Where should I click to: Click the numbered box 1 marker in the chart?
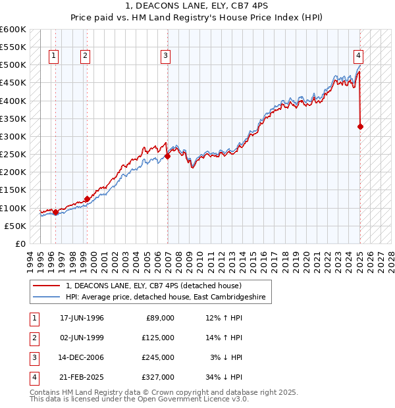[x=53, y=56]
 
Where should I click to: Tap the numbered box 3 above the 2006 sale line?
[x=165, y=56]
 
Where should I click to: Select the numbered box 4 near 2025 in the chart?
[x=358, y=56]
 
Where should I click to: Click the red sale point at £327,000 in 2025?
[x=361, y=126]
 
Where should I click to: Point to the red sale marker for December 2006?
[x=168, y=156]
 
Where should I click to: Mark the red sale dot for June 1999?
[x=87, y=199]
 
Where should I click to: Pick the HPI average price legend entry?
[x=165, y=297]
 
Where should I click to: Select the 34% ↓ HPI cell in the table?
[x=224, y=377]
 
